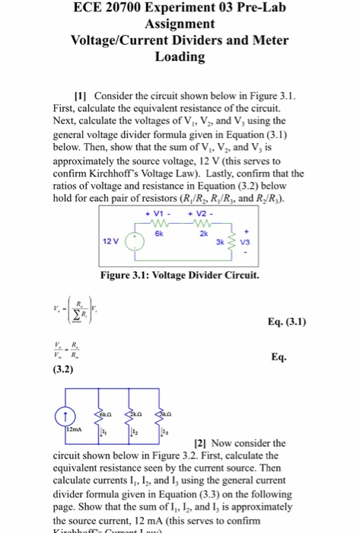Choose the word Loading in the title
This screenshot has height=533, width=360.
point(180,57)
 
